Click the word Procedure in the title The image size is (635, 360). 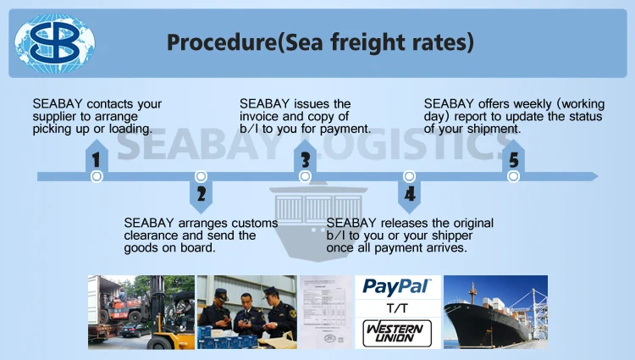212,42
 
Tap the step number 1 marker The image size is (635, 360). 97,159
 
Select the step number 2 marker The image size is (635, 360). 201,194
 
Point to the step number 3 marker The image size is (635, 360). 306,159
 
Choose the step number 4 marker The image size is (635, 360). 410,194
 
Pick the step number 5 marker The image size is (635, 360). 513,159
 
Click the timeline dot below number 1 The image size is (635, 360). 97,176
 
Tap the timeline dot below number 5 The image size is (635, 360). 513,176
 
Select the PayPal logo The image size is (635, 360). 397,286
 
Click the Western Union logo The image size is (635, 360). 397,331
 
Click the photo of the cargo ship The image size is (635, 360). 495,312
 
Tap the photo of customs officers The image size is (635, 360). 246,312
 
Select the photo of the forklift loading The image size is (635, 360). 141,312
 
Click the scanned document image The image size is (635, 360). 324,312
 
